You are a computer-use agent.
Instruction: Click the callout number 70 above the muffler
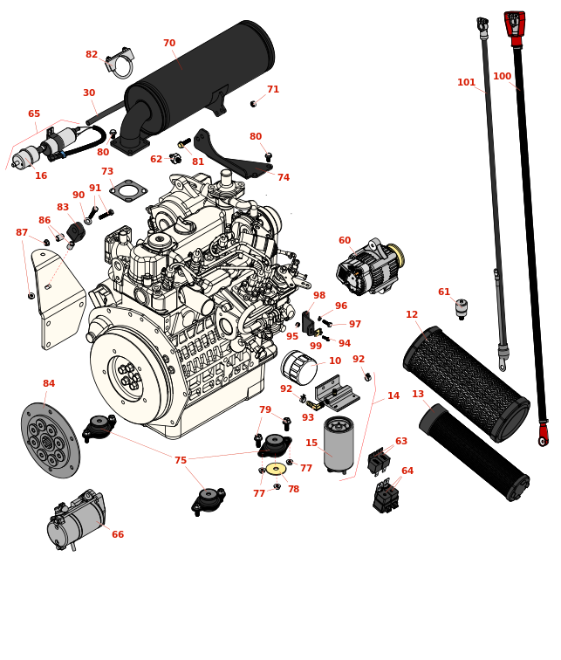pyautogui.click(x=169, y=44)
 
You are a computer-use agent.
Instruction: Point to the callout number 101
pyautogui.click(x=467, y=83)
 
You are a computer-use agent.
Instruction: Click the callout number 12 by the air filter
pyautogui.click(x=412, y=315)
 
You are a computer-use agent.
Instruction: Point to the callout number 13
pyautogui.click(x=418, y=395)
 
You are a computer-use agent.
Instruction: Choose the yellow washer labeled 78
pyautogui.click(x=276, y=469)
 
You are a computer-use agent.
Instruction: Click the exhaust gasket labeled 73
pyautogui.click(x=128, y=191)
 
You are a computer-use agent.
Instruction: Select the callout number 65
pyautogui.click(x=34, y=114)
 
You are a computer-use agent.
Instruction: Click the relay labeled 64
pyautogui.click(x=386, y=498)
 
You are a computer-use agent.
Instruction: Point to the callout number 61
pyautogui.click(x=444, y=292)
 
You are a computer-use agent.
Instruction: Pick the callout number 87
pyautogui.click(x=22, y=233)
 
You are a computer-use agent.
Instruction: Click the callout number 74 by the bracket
pyautogui.click(x=284, y=178)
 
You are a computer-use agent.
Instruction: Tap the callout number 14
pyautogui.click(x=393, y=396)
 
